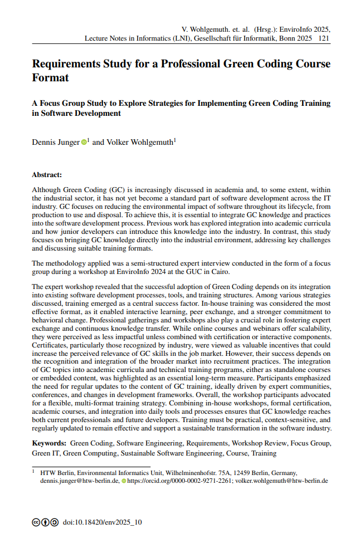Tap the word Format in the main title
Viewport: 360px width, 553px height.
coord(51,78)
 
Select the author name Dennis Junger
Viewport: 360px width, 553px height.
coord(56,143)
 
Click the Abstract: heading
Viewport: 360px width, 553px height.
coord(47,175)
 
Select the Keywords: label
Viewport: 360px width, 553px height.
coord(49,444)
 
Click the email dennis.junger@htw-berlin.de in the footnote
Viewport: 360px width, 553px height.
coord(79,481)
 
